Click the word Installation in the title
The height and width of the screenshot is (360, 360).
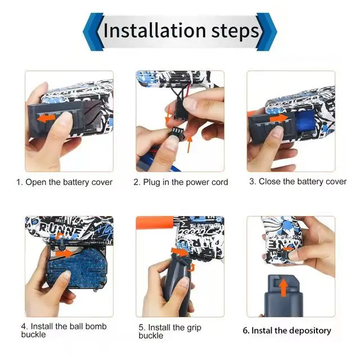(x=155, y=30)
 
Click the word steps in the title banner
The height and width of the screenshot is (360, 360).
(x=235, y=32)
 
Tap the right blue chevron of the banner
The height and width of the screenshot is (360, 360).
(x=266, y=31)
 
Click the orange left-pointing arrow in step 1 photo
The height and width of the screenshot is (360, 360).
(x=46, y=119)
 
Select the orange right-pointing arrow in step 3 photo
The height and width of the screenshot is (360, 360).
(x=278, y=119)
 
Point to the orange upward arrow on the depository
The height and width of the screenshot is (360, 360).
(x=283, y=287)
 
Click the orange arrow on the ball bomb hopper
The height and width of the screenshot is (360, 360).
(x=64, y=254)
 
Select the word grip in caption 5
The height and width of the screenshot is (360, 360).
(x=194, y=328)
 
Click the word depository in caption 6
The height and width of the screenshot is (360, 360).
(x=310, y=331)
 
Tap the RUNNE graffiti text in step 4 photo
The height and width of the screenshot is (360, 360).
(x=60, y=228)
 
